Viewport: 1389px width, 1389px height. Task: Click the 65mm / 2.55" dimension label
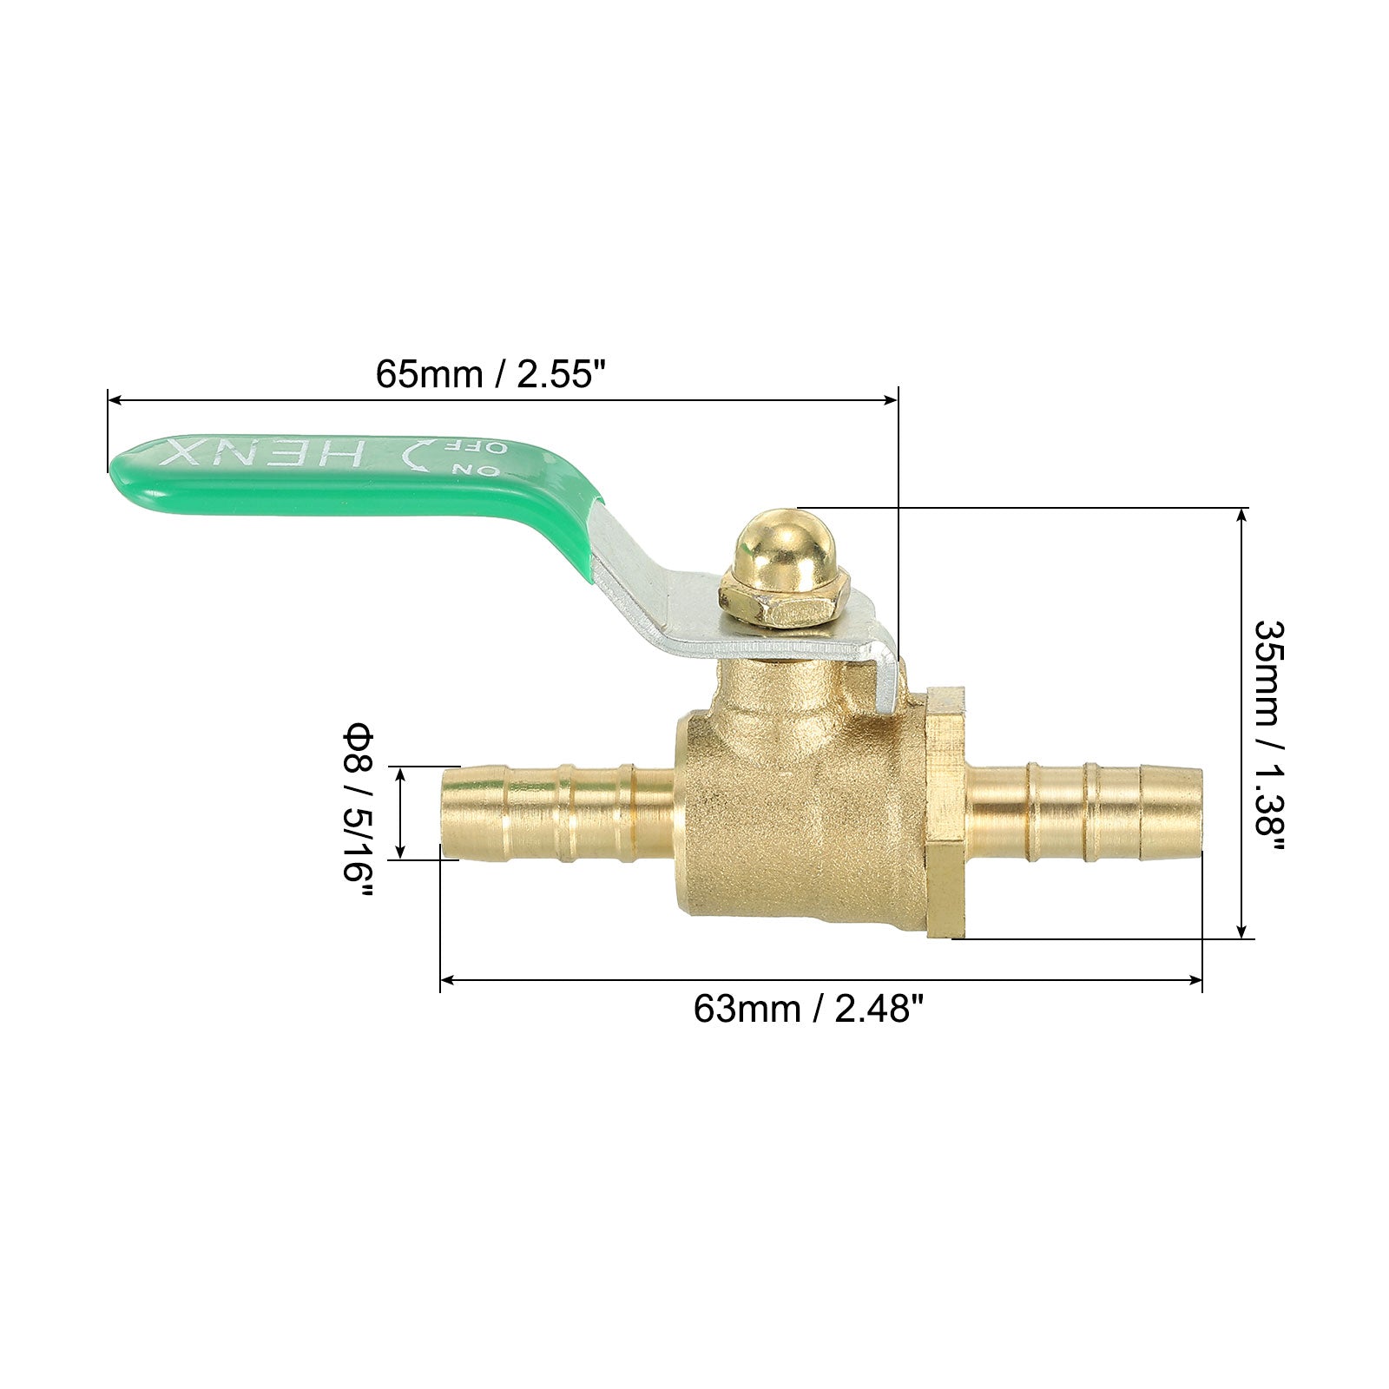(x=490, y=374)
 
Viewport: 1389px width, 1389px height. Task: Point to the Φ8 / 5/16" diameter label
(x=357, y=813)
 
